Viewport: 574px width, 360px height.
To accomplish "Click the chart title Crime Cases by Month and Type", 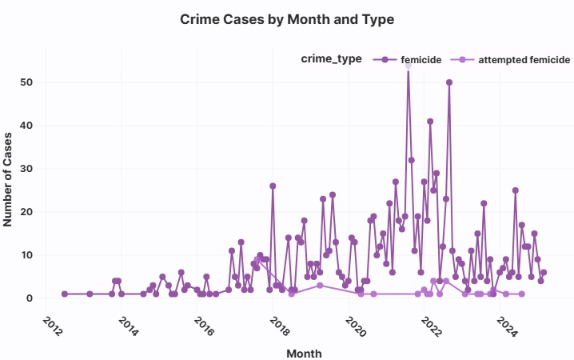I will (x=287, y=18).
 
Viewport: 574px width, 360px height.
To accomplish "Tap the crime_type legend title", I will (x=331, y=58).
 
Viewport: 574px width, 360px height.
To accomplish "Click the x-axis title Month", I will (x=304, y=351).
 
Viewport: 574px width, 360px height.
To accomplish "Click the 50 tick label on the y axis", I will (x=28, y=82).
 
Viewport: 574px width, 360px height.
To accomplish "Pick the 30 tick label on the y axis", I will (x=28, y=169).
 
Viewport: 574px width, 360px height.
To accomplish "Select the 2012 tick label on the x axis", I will (x=50, y=324).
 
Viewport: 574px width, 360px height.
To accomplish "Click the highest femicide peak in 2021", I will (x=408, y=66).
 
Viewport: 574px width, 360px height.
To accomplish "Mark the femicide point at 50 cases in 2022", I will (x=449, y=82).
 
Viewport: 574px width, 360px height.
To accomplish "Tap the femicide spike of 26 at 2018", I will (x=273, y=186).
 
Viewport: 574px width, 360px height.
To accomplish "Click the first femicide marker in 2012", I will (x=65, y=294).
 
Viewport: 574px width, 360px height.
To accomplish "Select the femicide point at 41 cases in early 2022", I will (x=430, y=122).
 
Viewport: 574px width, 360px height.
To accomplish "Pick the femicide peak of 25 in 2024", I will (x=516, y=190).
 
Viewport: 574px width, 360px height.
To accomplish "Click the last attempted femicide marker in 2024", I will (x=521, y=294).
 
